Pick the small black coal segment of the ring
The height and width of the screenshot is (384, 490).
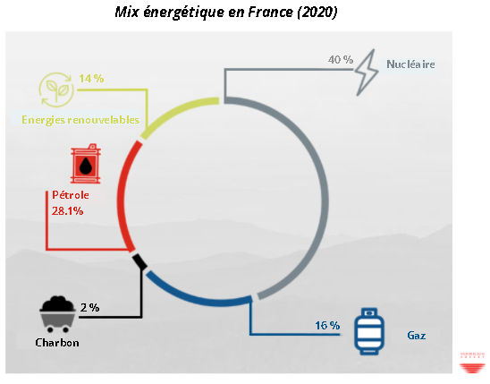point(139,261)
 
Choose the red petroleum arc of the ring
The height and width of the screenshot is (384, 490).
point(122,195)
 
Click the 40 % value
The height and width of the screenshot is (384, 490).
point(341,59)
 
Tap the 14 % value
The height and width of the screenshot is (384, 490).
point(91,78)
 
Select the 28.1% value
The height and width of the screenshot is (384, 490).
point(67,211)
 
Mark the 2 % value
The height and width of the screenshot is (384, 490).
point(90,307)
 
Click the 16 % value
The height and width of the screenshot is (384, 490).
point(327,326)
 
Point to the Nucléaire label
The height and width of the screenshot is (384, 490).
point(410,64)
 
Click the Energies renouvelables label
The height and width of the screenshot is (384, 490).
point(80,120)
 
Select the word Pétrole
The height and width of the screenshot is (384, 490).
point(71,195)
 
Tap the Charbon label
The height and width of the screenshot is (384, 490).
point(57,343)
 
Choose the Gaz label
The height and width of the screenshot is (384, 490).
point(417,336)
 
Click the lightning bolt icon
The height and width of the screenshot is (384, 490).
point(367,73)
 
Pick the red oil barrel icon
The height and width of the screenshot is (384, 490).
point(86,164)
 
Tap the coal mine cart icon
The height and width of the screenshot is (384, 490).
point(58,314)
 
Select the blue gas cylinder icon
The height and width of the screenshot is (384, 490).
point(369,331)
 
